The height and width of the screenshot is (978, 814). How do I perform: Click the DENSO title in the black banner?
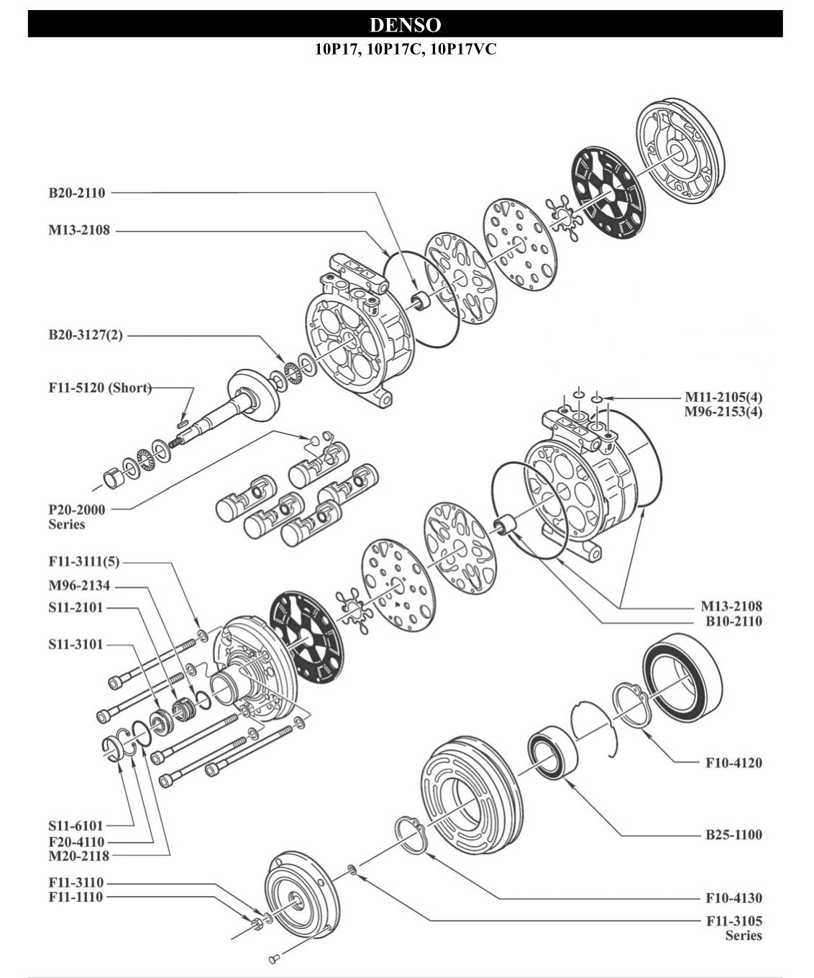click(x=405, y=24)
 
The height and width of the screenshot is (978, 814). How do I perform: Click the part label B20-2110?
click(x=77, y=193)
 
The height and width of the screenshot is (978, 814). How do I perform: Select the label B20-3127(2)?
click(x=86, y=335)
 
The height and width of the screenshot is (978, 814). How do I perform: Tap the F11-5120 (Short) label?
click(x=100, y=388)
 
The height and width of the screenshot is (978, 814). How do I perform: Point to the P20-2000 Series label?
click(x=76, y=517)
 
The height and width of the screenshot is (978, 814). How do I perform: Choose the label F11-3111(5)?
click(x=83, y=561)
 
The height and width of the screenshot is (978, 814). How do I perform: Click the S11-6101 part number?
click(x=76, y=826)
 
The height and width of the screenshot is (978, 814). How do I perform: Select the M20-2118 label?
click(x=76, y=856)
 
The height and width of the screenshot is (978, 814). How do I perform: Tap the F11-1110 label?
click(x=76, y=897)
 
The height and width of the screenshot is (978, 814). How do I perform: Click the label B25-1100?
click(x=733, y=835)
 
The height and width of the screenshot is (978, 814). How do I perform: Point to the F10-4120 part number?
click(x=733, y=762)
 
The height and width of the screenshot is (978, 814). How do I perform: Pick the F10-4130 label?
click(x=733, y=897)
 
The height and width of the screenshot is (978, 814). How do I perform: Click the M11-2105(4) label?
click(x=723, y=397)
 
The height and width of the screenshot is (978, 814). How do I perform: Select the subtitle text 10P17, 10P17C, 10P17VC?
click(x=405, y=50)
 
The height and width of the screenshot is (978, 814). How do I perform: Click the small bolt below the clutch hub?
click(x=274, y=958)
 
